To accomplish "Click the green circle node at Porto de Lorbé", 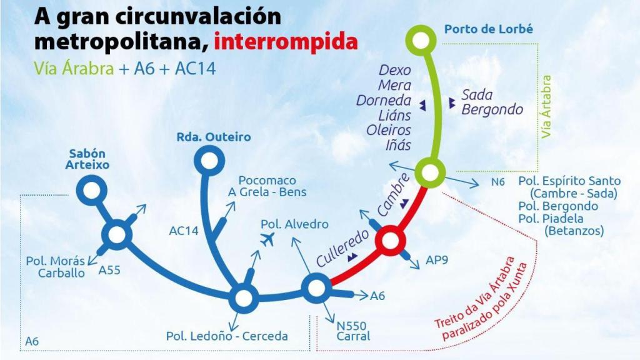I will (x=424, y=41).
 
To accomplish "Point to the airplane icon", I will (x=268, y=239).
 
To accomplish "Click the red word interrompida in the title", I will (x=286, y=42).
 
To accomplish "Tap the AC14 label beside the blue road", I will (x=184, y=231).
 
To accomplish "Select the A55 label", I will (x=110, y=271).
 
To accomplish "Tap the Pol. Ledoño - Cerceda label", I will (x=227, y=336).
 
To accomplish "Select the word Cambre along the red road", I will (x=394, y=194).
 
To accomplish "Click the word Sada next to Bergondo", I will (x=477, y=95).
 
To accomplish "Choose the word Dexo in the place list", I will (x=395, y=69).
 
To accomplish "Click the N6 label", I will (x=498, y=183).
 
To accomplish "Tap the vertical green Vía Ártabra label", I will (x=547, y=107).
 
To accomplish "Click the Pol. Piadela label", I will (x=551, y=219).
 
